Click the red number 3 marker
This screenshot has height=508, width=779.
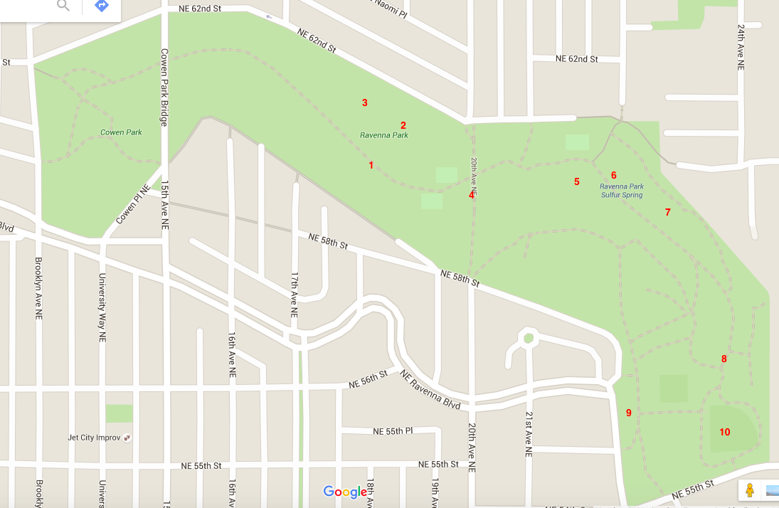(x=365, y=102)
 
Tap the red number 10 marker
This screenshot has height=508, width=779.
(x=724, y=432)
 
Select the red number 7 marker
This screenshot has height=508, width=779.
(x=667, y=212)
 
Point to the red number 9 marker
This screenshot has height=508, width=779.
(x=628, y=413)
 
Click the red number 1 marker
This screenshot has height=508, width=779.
(x=371, y=165)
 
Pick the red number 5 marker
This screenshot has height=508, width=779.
(x=577, y=181)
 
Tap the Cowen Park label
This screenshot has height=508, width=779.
(x=121, y=132)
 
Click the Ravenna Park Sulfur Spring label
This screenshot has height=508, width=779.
(x=620, y=191)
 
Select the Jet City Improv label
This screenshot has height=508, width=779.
(x=92, y=438)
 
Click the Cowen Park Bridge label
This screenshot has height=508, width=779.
(x=164, y=87)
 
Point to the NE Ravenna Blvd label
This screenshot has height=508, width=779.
(x=430, y=388)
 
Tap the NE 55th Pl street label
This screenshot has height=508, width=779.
(x=393, y=431)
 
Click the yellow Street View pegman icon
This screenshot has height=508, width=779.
(x=749, y=490)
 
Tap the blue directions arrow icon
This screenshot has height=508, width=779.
(x=101, y=6)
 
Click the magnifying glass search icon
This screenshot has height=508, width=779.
(x=63, y=6)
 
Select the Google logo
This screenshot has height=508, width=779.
(x=345, y=492)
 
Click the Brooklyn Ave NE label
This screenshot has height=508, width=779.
(x=38, y=288)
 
